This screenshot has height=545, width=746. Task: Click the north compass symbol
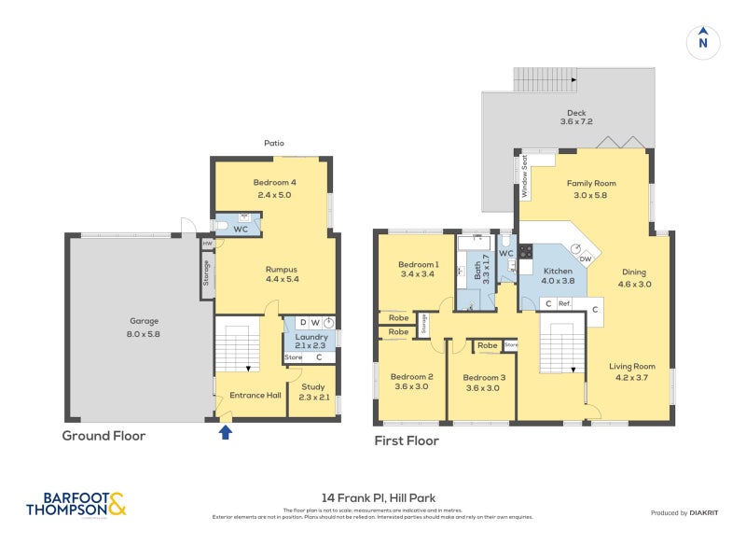click(x=703, y=42)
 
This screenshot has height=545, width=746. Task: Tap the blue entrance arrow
click(x=225, y=430)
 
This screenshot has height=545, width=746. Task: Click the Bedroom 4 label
click(x=274, y=182)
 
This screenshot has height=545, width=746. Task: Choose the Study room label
click(x=313, y=385)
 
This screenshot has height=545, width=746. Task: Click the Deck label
click(x=575, y=111)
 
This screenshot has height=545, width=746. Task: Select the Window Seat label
click(x=525, y=175)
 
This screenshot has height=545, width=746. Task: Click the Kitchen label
click(x=559, y=270)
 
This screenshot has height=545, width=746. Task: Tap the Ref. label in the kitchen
click(x=564, y=303)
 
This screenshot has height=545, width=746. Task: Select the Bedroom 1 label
click(x=417, y=264)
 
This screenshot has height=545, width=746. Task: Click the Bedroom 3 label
click(x=484, y=377)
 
